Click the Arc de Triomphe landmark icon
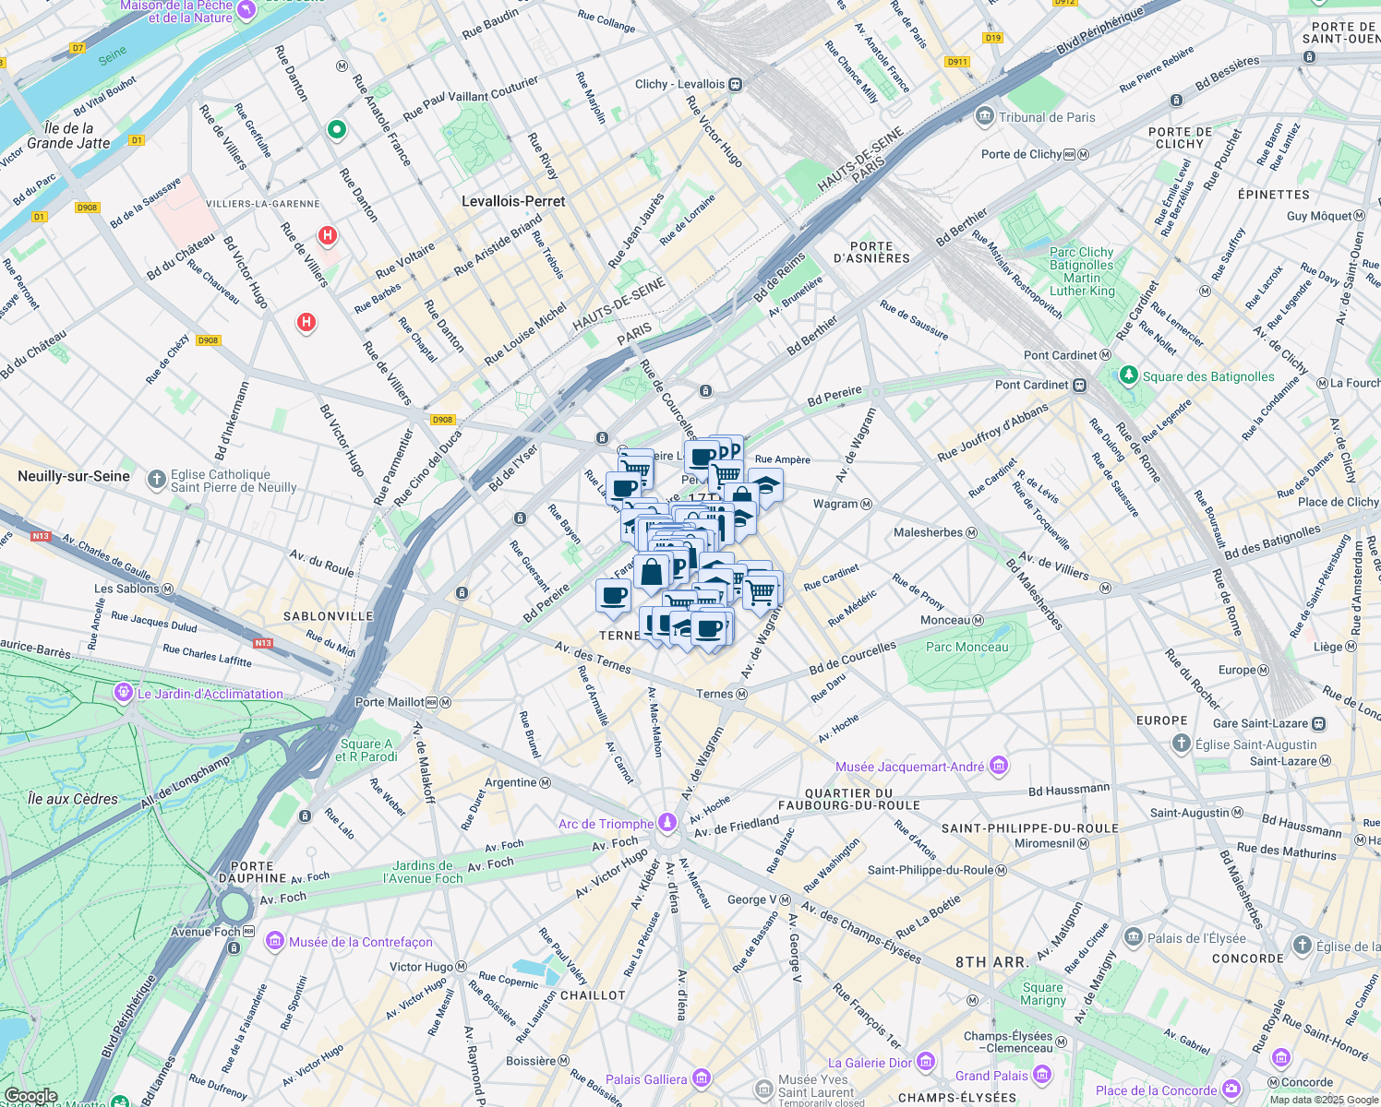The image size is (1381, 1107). point(667,823)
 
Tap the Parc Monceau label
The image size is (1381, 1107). point(967,647)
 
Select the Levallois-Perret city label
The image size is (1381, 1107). point(513,201)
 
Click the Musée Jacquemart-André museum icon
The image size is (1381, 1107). point(998,766)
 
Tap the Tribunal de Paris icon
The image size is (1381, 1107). point(984,117)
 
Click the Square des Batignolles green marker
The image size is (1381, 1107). point(1128,375)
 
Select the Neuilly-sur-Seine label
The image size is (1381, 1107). point(74,476)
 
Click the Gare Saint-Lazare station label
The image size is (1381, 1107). point(1260,723)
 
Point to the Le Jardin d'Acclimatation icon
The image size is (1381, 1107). point(124,692)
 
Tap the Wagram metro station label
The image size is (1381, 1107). point(835,504)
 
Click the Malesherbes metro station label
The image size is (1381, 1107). point(928,532)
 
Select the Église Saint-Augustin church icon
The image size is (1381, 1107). point(1181,744)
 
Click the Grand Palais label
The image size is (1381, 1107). point(991,1076)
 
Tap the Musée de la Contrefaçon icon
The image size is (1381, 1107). point(274,941)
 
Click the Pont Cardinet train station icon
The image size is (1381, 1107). point(1078,385)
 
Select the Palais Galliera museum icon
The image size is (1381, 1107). point(701,1078)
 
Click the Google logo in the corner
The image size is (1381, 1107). point(30,1096)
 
